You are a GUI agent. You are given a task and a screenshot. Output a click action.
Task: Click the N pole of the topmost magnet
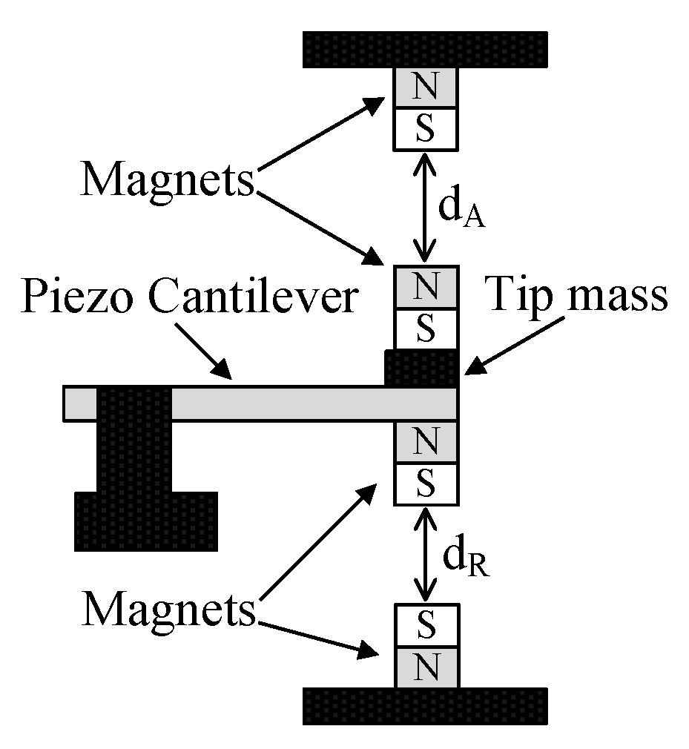click(x=425, y=88)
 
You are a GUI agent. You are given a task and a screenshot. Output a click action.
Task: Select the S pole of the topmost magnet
click(x=425, y=128)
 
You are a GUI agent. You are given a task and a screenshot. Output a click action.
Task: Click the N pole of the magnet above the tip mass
click(x=425, y=286)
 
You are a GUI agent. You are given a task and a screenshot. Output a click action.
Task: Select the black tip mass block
click(x=420, y=369)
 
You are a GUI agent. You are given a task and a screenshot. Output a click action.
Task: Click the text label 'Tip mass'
click(x=577, y=297)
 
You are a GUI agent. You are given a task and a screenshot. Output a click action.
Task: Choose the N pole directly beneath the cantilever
click(x=425, y=442)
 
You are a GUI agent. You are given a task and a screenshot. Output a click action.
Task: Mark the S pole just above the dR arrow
click(x=425, y=484)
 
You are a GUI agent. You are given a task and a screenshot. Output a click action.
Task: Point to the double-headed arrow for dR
click(x=425, y=553)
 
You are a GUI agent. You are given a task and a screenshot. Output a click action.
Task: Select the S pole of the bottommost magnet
click(x=425, y=624)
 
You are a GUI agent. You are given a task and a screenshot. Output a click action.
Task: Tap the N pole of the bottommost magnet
click(x=425, y=667)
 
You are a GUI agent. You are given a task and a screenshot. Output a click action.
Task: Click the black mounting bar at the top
click(x=425, y=49)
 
